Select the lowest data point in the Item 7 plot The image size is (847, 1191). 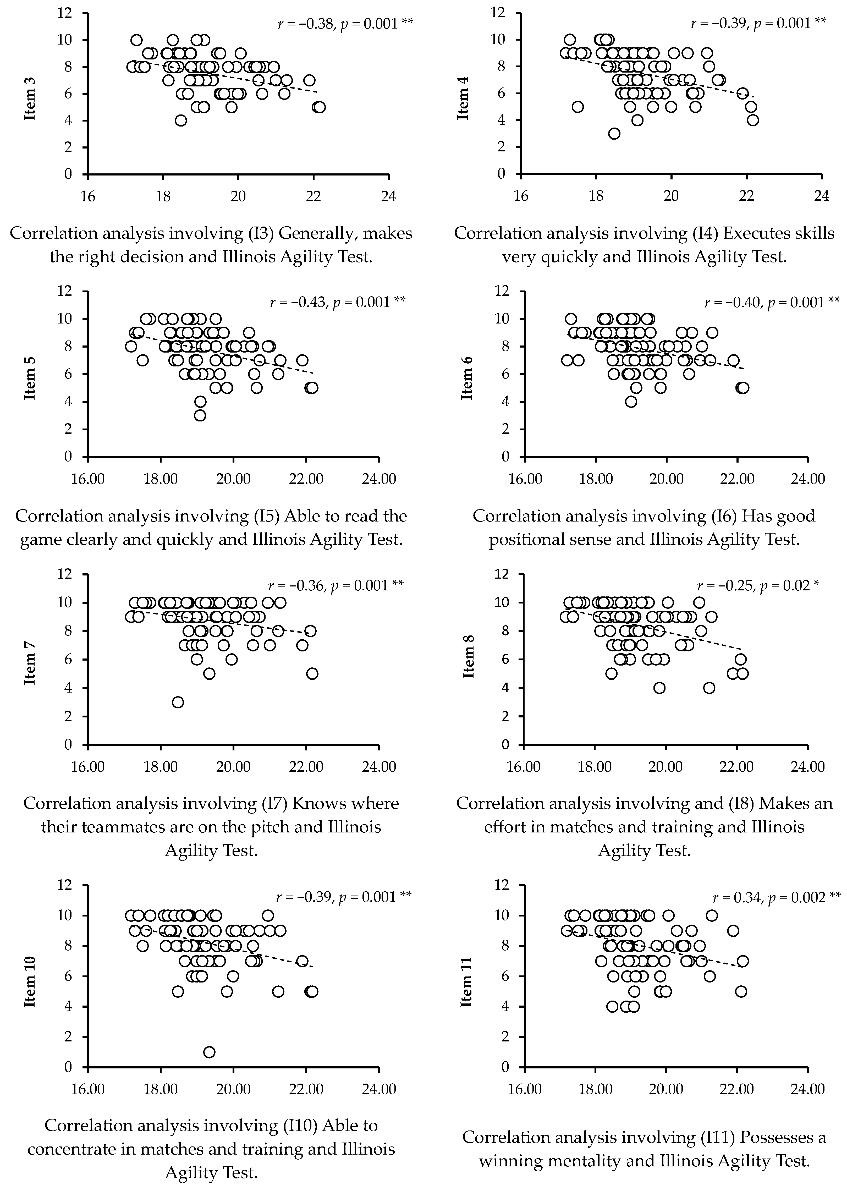178,702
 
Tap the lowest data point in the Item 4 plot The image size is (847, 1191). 614,134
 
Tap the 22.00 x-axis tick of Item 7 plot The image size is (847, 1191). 306,767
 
